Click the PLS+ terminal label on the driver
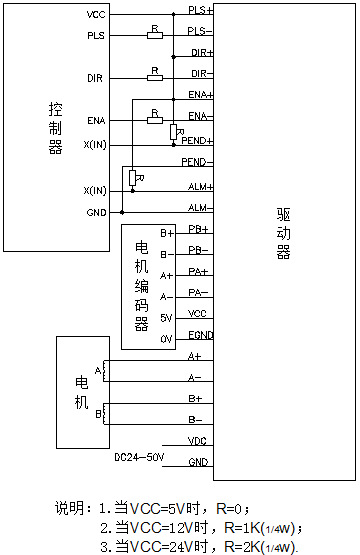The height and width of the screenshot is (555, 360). [x=200, y=11]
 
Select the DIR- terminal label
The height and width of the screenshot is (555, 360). [x=200, y=73]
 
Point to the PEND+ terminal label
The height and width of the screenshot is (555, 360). [x=197, y=141]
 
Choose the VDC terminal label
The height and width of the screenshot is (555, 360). [x=198, y=441]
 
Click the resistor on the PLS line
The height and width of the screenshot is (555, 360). [x=154, y=36]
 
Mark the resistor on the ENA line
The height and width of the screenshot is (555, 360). [x=154, y=120]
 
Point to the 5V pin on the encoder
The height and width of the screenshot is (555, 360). [x=139, y=318]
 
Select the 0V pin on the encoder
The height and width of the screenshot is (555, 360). [x=139, y=339]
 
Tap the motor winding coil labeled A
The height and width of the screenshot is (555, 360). [x=106, y=371]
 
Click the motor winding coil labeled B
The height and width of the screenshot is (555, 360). [x=106, y=411]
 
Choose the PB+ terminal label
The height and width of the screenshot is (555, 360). [x=198, y=229]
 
